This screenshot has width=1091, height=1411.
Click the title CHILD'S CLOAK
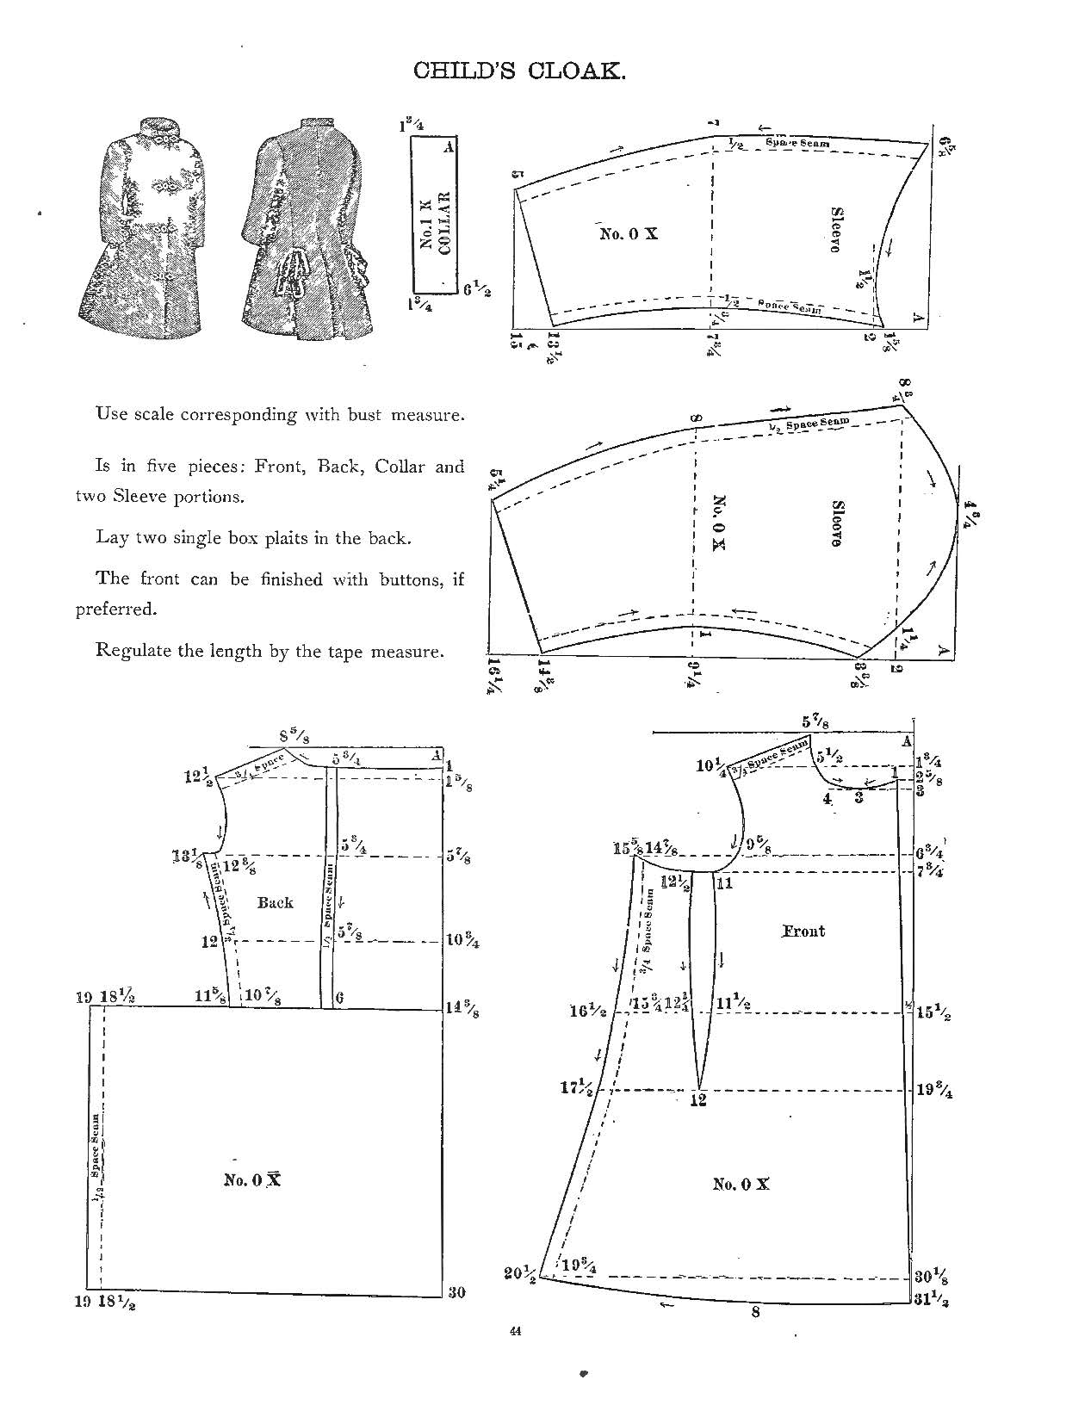point(519,71)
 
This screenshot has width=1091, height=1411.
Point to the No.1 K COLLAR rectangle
point(434,215)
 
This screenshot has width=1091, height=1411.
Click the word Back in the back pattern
point(276,902)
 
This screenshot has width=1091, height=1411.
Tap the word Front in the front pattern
point(803,931)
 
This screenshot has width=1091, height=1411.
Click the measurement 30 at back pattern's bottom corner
point(456,1292)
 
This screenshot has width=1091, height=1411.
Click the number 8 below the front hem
point(755,1313)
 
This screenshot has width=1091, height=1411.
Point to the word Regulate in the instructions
point(132,650)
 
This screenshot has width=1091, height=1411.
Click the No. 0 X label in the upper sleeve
point(629,233)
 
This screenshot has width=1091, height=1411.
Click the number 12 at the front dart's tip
point(697,1100)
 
